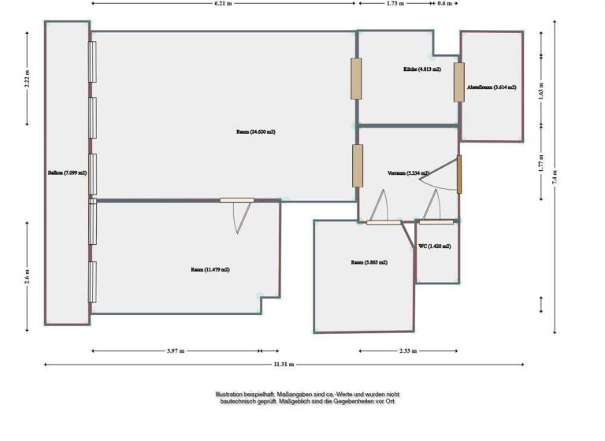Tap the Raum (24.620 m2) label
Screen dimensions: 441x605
tap(255, 132)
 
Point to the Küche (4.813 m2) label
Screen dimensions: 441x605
tap(421, 69)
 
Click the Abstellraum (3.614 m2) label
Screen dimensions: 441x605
tap(492, 87)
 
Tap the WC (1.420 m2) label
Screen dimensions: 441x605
tap(435, 246)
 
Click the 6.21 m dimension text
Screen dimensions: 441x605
tap(225, 4)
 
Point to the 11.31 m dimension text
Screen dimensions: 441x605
tap(284, 365)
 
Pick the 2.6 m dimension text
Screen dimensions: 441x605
tap(28, 280)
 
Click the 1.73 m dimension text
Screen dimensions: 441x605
tap(395, 4)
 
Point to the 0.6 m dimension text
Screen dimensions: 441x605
tap(445, 4)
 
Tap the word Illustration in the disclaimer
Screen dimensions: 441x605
tap(229, 394)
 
